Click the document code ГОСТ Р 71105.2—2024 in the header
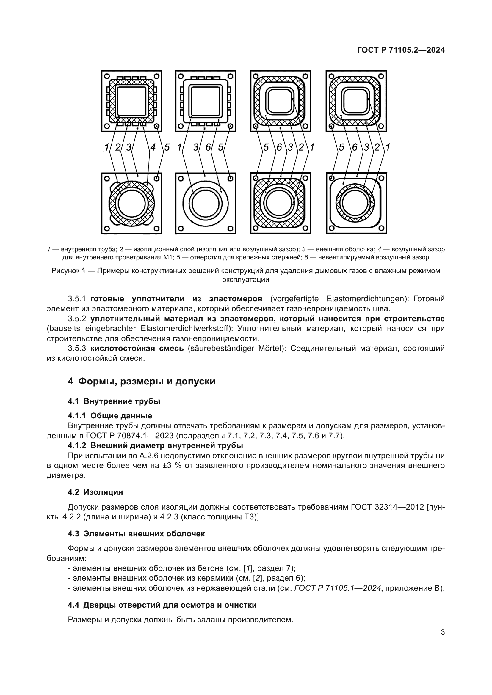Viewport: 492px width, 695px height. pyautogui.click(x=401, y=50)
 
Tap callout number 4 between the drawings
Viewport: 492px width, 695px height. pyautogui.click(x=153, y=147)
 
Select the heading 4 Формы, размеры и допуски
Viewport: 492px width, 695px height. pyautogui.click(x=142, y=381)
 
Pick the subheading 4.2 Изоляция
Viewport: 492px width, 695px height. pyautogui.click(x=95, y=492)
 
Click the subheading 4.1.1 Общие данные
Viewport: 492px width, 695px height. pyautogui.click(x=110, y=415)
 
